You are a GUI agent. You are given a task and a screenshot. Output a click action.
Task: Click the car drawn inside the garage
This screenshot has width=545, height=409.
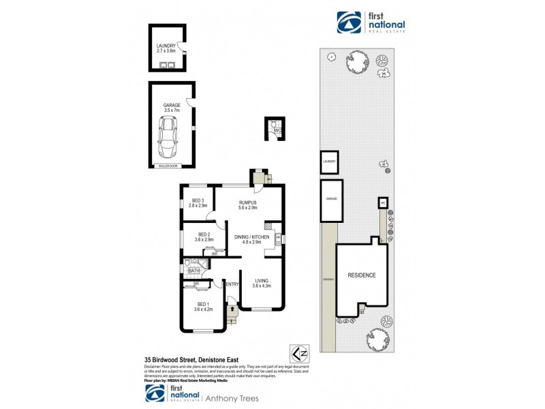(x=167, y=135)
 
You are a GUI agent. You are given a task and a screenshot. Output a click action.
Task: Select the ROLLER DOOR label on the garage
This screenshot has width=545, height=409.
(x=167, y=165)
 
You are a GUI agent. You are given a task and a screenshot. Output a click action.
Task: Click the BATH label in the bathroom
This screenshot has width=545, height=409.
(x=193, y=271)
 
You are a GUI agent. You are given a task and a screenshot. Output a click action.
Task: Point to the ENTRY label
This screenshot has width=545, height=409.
(x=232, y=284)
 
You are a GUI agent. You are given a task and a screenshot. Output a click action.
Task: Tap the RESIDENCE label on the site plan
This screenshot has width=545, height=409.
(x=362, y=275)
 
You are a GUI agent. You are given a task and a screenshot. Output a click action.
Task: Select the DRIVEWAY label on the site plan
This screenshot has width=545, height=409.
(x=328, y=279)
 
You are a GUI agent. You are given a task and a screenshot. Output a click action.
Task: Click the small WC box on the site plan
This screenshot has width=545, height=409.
(x=382, y=202)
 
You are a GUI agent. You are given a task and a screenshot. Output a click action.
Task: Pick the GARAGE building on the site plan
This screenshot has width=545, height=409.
(x=331, y=200)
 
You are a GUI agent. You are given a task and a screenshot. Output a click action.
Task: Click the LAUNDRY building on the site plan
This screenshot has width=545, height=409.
(x=330, y=162)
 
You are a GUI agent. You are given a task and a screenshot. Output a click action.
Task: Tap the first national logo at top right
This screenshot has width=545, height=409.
(x=372, y=22)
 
